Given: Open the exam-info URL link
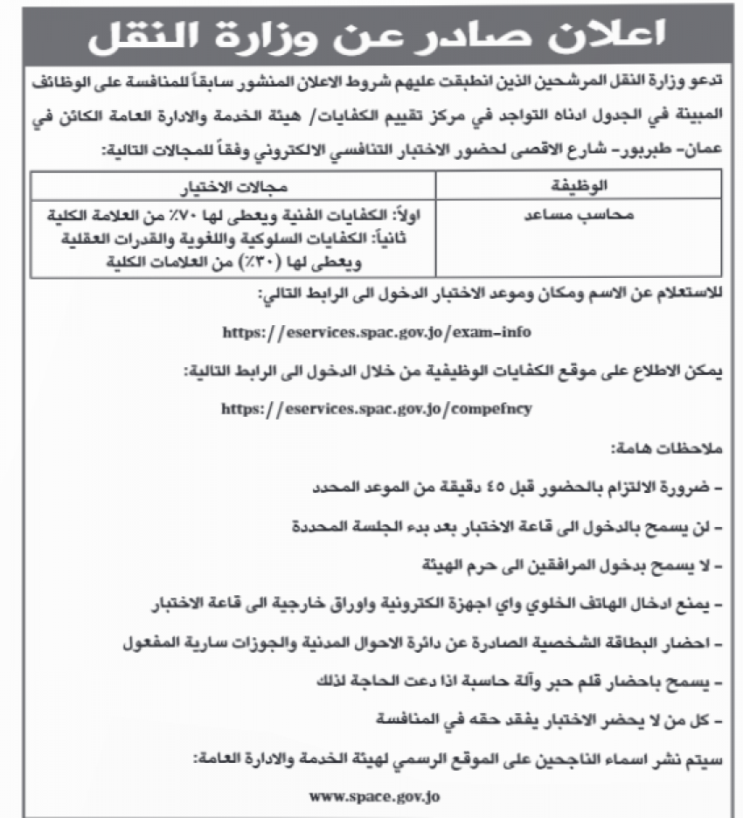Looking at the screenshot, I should tap(377, 333).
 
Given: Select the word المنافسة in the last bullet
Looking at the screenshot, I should tap(417, 722).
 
